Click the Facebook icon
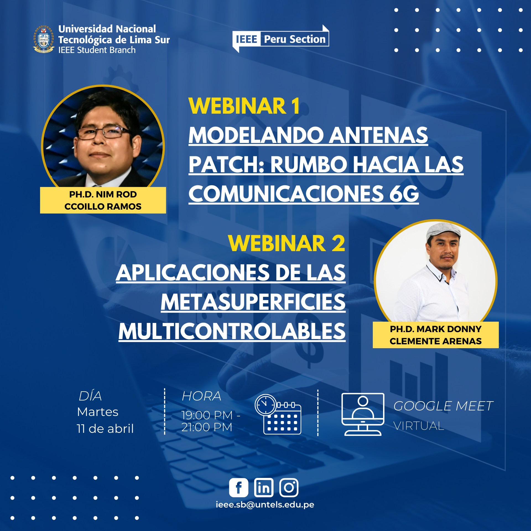tap(239, 487)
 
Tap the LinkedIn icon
tap(264, 487)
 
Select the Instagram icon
tap(289, 487)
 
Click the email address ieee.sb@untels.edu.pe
tap(265, 505)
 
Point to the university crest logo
tap(43, 39)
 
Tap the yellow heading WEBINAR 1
tap(244, 106)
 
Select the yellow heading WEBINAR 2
tap(287, 243)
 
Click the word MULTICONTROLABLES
tap(232, 331)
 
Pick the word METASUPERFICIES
tap(253, 302)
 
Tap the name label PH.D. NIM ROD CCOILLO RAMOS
tap(103, 200)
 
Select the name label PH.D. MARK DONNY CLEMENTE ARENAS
tap(436, 335)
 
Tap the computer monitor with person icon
tap(363, 414)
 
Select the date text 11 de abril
tap(105, 429)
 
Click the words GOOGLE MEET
tap(443, 406)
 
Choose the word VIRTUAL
tap(419, 426)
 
